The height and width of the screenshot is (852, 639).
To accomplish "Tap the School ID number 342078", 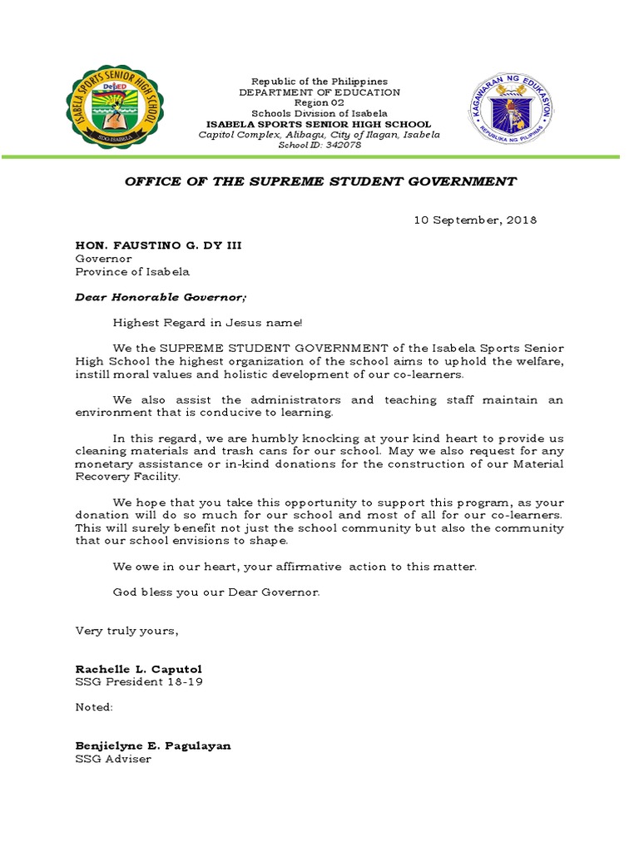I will [x=339, y=145].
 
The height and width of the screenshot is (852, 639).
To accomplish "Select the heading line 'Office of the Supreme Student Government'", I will [x=320, y=181].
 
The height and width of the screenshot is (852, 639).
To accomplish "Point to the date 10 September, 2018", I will [x=475, y=220].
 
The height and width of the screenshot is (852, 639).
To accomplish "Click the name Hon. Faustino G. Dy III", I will [x=159, y=245].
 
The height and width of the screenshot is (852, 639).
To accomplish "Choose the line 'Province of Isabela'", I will [x=132, y=271].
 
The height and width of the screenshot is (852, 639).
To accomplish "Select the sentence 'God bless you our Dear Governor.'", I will [x=216, y=592].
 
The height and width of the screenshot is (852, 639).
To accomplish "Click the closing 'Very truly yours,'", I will [x=127, y=631].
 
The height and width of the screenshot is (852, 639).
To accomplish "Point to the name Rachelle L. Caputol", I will [x=138, y=669].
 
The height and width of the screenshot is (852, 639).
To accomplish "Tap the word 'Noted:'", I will [x=94, y=707].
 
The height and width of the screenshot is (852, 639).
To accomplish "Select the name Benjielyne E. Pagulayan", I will [x=153, y=745].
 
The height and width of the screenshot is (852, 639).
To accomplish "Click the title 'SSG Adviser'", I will [x=113, y=759].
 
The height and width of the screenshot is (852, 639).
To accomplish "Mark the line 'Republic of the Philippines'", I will [x=319, y=82].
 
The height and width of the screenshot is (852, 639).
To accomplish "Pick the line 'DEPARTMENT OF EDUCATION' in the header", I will [x=319, y=92].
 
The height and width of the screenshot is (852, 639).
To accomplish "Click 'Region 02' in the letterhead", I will [x=319, y=103].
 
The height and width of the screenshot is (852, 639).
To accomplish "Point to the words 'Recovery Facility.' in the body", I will [x=126, y=477].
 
